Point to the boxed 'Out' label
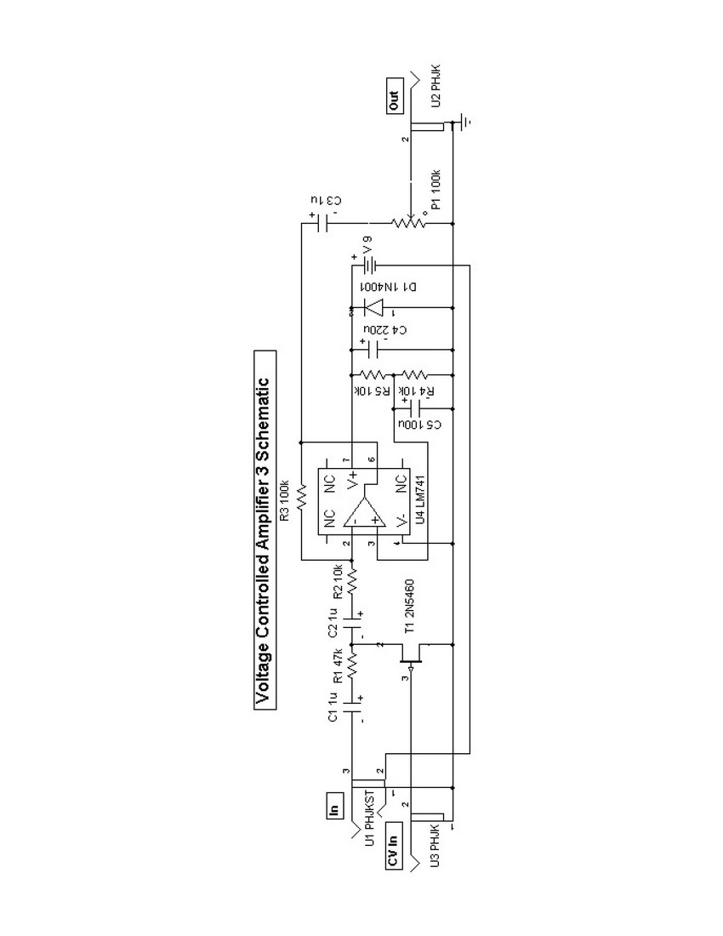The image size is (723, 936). (394, 102)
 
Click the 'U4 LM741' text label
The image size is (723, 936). (418, 507)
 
